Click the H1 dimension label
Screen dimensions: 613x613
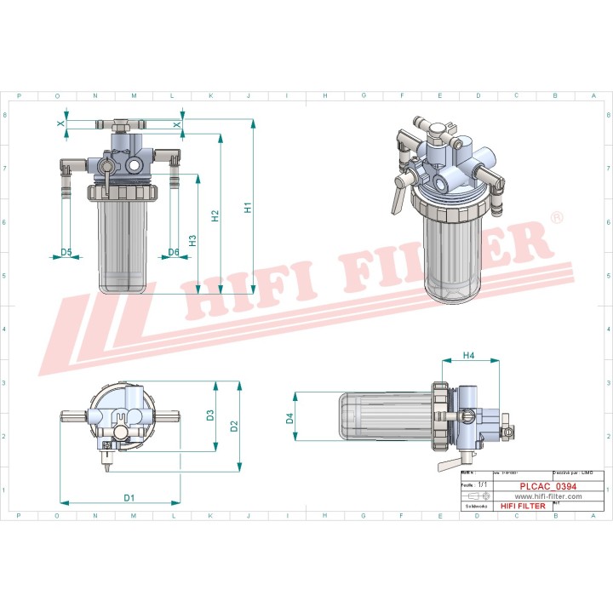[247, 206]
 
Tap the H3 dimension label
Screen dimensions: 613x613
[192, 240]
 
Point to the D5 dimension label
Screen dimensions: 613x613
[66, 252]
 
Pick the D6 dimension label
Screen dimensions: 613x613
[174, 252]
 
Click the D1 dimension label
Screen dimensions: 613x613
[129, 497]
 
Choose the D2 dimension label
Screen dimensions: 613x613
[235, 425]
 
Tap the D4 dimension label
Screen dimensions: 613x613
[289, 418]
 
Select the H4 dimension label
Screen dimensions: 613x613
[468, 355]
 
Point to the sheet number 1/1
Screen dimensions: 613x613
[483, 483]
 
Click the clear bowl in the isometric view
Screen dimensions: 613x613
[455, 255]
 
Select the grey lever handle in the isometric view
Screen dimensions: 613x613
[395, 200]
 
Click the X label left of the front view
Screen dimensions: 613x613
[60, 124]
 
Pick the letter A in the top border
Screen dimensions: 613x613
[593, 96]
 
